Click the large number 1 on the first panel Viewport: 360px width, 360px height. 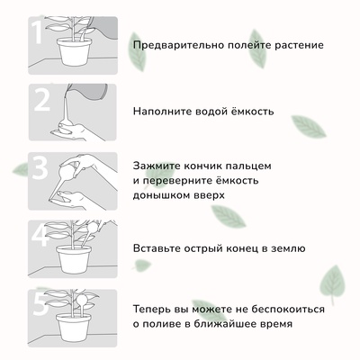click(38, 35)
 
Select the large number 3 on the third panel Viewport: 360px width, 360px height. click(41, 168)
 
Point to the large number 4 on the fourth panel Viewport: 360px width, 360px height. click(41, 236)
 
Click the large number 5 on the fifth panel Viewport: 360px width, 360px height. click(41, 302)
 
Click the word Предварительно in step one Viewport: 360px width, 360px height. click(177, 44)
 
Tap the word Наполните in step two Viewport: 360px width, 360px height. click(163, 113)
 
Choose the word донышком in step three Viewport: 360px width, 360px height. click(163, 193)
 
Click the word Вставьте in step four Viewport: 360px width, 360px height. click(159, 247)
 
